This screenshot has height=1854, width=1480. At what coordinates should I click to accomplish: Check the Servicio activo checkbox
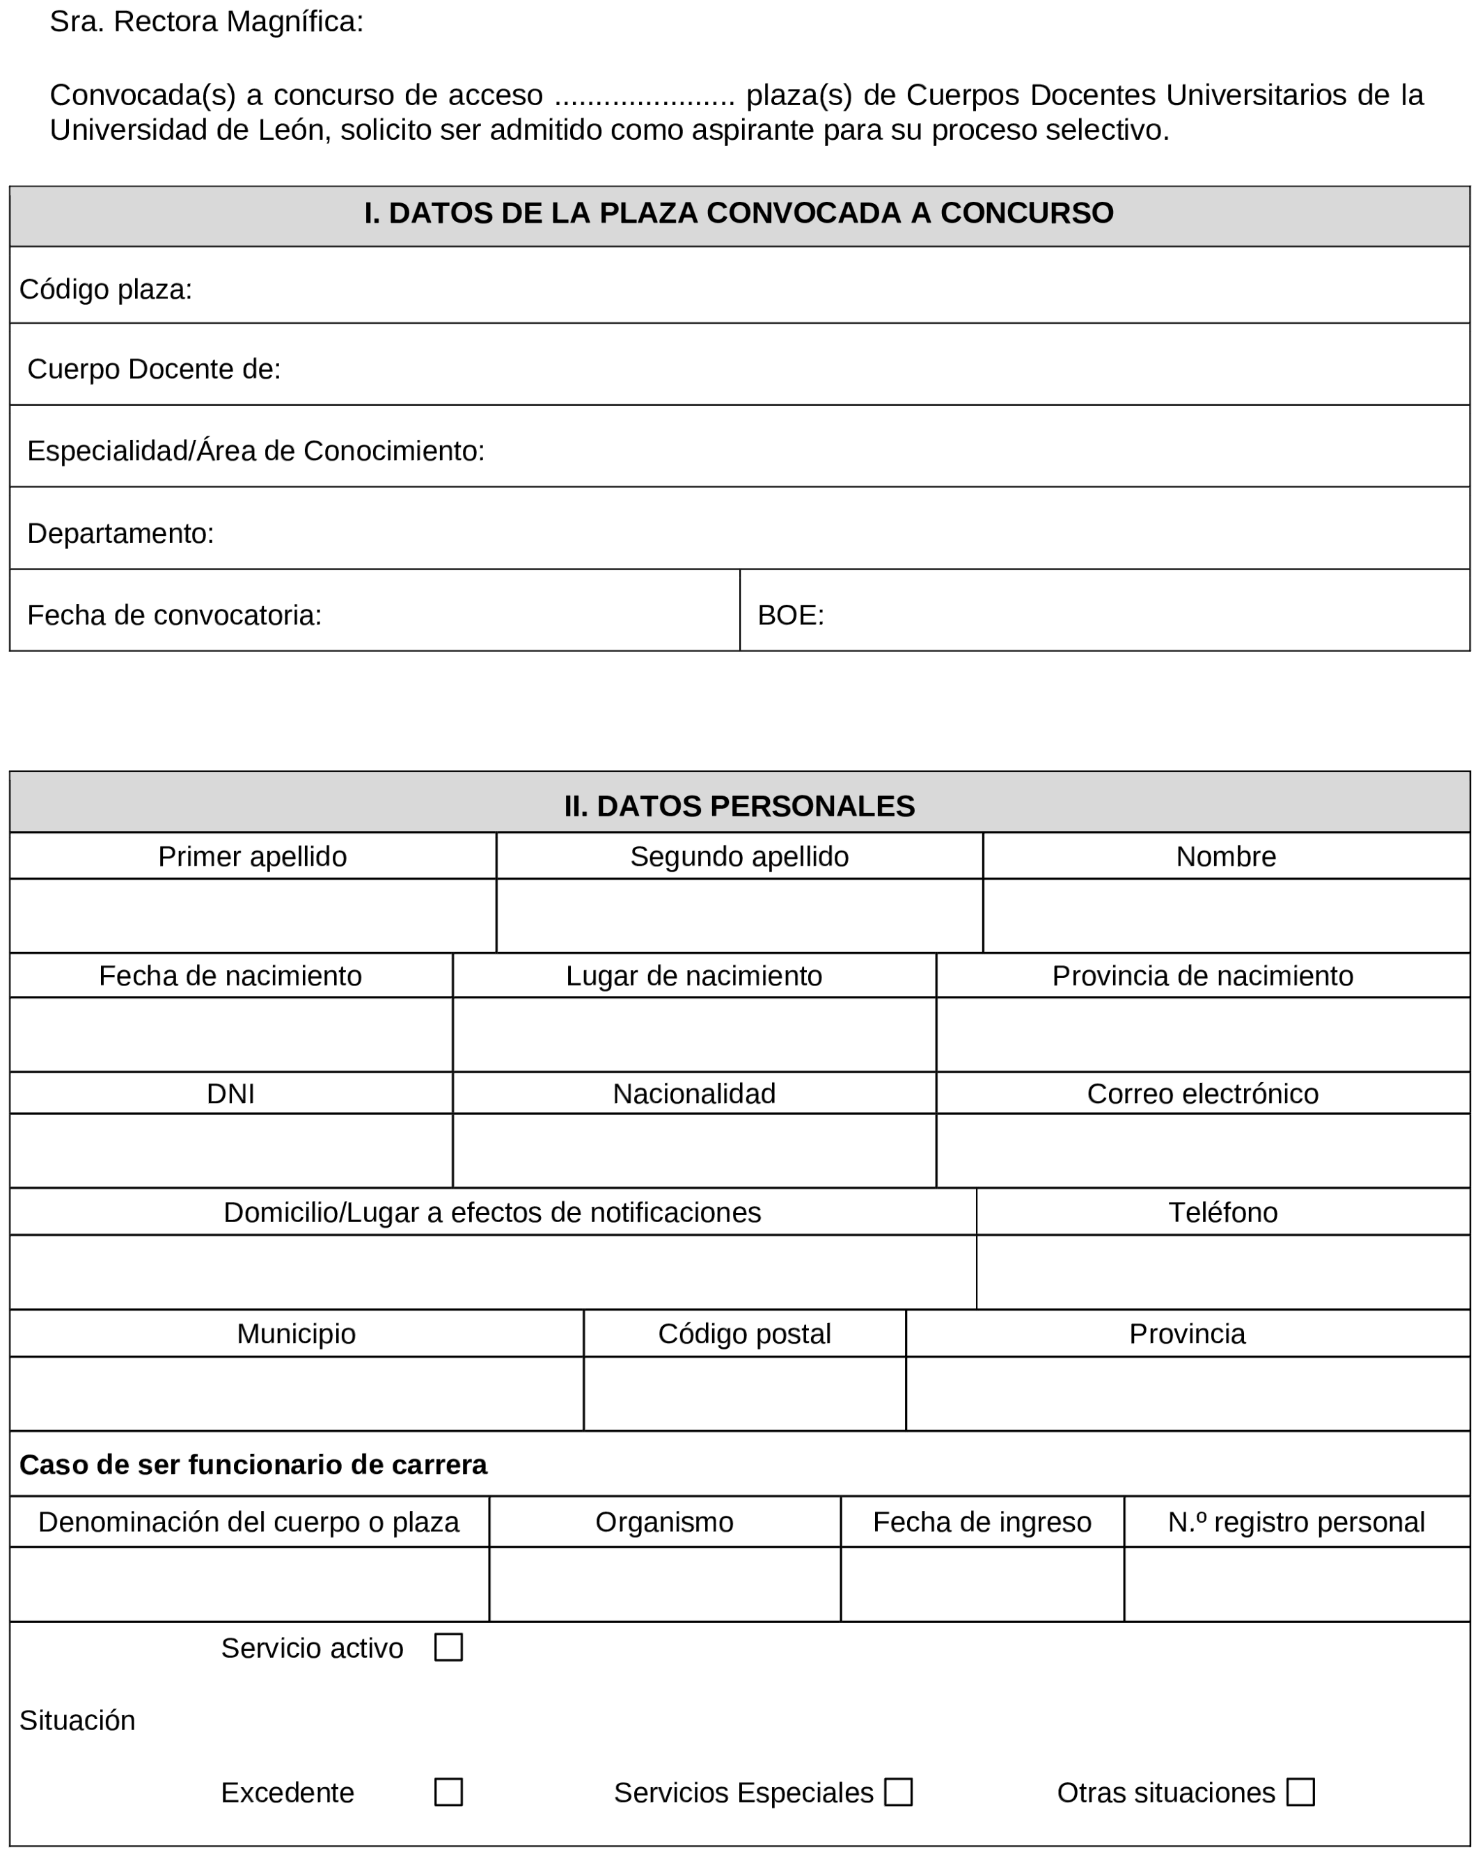(x=448, y=1647)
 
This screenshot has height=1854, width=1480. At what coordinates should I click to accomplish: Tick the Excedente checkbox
(x=448, y=1792)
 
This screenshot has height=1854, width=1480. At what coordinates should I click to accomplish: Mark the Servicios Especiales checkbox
(x=898, y=1792)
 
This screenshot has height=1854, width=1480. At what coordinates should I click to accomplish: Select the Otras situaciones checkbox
(x=1300, y=1792)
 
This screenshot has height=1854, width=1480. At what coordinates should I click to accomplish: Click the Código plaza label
(x=106, y=290)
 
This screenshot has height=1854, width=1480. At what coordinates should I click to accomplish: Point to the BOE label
(x=790, y=615)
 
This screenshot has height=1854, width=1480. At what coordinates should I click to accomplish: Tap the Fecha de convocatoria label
(x=175, y=615)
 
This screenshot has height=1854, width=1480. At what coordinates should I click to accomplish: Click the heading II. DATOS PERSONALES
(x=739, y=806)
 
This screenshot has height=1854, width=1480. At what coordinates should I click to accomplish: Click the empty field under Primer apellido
(x=253, y=915)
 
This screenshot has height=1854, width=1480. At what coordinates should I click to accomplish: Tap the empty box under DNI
(x=230, y=1150)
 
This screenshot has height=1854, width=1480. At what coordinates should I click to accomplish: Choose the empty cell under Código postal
(x=744, y=1393)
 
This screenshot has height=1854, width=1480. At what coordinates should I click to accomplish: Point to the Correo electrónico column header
(x=1202, y=1093)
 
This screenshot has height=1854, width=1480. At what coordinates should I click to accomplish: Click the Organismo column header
(x=664, y=1522)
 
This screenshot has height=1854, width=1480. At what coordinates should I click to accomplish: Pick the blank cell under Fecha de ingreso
(x=982, y=1584)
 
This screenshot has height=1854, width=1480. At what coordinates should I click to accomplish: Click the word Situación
(x=77, y=1720)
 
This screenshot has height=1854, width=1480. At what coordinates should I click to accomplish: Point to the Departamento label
(x=120, y=533)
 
